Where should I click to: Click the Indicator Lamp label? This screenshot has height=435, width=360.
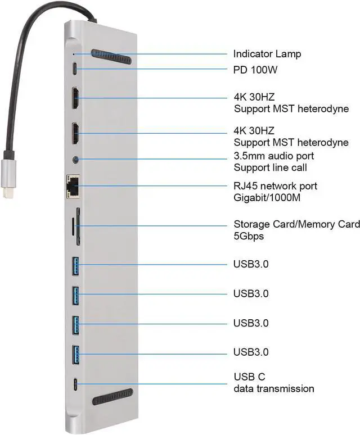[267, 54]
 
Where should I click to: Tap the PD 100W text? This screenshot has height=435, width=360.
[257, 70]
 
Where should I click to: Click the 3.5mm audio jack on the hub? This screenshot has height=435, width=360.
[76, 160]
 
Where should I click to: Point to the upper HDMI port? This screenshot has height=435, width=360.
[75, 99]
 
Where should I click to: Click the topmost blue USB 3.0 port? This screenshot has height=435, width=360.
[77, 264]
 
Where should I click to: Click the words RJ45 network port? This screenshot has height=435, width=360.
[275, 186]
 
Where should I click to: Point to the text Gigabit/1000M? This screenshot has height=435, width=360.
[266, 197]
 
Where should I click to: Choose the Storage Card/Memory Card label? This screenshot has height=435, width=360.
[296, 225]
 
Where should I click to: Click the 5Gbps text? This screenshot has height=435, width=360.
[249, 236]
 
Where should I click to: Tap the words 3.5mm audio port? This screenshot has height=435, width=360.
[273, 155]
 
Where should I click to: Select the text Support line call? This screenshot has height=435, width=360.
[271, 167]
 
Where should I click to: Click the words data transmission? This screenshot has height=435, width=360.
[273, 388]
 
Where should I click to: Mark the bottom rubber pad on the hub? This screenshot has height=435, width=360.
[112, 400]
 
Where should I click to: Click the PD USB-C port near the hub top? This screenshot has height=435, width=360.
[76, 70]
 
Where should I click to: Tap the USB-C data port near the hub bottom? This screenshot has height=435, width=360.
[76, 385]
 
